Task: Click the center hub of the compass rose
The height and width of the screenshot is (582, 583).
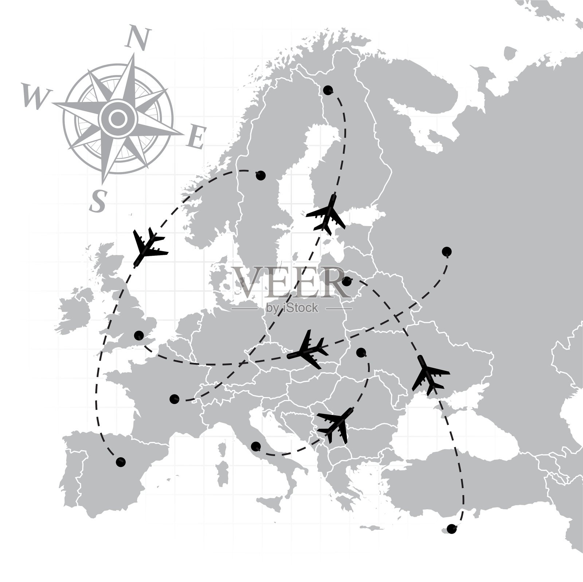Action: coord(117,118)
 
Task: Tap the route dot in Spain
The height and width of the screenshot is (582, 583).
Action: coord(121,462)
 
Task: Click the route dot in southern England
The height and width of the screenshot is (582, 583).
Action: coord(139,336)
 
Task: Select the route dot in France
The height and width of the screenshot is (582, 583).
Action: coord(175,399)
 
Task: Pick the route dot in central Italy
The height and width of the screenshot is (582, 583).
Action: coord(256,446)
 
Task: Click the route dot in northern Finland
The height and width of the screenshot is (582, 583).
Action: coord(328,90)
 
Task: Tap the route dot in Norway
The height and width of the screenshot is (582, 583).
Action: coord(261,175)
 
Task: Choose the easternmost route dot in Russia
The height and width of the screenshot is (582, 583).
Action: coord(446,251)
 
